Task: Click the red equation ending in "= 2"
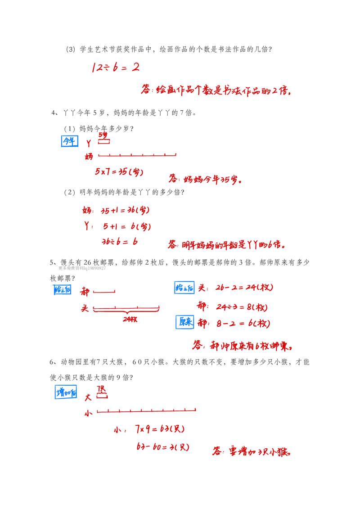115,68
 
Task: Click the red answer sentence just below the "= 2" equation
216,90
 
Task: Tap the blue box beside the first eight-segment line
69,140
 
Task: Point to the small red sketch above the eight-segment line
103,138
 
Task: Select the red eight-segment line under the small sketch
137,155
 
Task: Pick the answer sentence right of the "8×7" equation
205,180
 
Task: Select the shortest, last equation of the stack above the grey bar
120,242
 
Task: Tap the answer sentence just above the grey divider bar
227,245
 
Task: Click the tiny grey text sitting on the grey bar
83,267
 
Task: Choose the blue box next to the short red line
62,289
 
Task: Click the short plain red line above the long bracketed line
105,292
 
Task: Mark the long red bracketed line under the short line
126,309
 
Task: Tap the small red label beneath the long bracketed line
131,320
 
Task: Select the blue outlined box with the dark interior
184,323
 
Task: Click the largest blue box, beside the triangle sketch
66,391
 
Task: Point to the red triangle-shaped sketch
103,393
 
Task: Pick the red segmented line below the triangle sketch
146,410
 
